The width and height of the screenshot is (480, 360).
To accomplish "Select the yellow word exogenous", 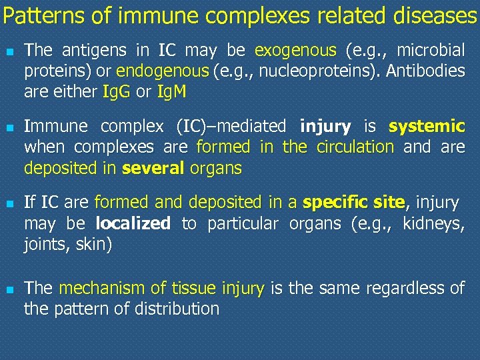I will [296, 50].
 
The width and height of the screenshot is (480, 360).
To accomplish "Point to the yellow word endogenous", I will [163, 71].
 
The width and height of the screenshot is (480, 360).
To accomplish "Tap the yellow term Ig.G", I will [117, 91].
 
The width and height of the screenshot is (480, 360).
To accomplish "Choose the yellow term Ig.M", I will [171, 91].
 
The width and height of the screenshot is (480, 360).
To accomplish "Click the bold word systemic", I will [427, 126].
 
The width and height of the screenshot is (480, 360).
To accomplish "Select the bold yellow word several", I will [153, 168].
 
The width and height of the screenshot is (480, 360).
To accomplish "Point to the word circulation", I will [355, 147].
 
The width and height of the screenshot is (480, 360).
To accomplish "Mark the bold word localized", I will [133, 223].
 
